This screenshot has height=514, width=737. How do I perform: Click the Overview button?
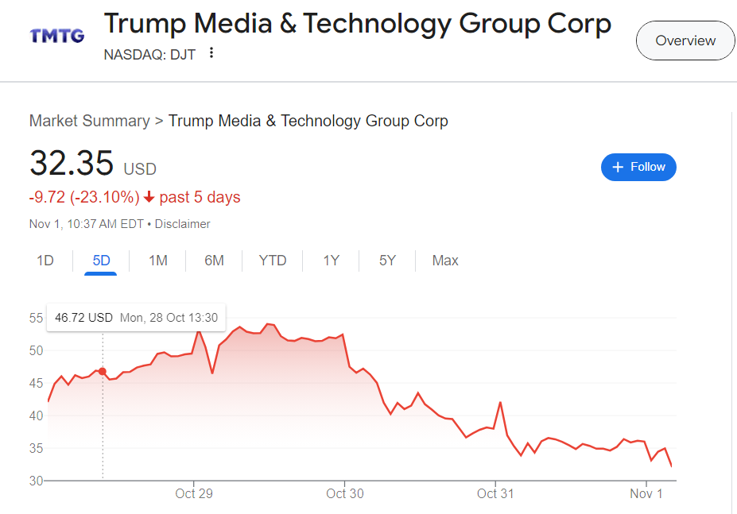(685, 41)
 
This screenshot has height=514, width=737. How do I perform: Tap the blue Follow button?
(638, 167)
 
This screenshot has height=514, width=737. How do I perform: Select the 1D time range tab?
(45, 261)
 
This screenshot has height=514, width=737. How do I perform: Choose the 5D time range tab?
(101, 261)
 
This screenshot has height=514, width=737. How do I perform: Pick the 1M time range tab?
(158, 261)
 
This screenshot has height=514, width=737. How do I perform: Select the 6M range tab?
(214, 261)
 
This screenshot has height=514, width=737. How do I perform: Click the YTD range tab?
(273, 261)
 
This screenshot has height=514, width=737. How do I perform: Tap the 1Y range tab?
(331, 261)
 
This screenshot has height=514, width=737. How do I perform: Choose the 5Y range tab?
(387, 261)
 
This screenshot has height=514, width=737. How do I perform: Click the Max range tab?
(445, 261)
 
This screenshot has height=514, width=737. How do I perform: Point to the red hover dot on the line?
(103, 371)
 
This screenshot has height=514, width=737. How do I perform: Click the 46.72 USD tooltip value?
(83, 318)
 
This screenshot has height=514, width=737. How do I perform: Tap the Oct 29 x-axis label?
(194, 493)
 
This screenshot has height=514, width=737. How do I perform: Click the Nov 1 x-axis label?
(646, 493)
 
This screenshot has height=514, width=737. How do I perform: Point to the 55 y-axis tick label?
(36, 318)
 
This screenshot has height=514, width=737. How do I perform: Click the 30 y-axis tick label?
(36, 481)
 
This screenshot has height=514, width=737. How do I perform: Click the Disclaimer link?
(182, 224)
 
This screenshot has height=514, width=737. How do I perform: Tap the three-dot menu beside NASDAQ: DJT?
(211, 53)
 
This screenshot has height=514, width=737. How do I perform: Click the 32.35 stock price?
(72, 164)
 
